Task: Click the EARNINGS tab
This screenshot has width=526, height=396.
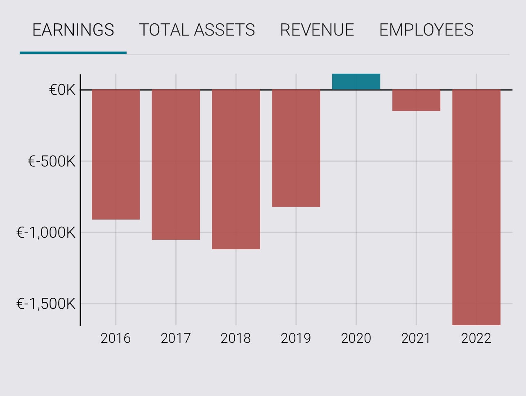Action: (73, 30)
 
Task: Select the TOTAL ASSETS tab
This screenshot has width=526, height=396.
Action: (197, 30)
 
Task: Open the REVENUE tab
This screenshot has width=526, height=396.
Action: (317, 30)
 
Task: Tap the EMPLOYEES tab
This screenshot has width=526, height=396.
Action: (426, 30)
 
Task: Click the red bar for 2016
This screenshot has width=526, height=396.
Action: (116, 154)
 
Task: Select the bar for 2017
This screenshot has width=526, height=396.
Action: (176, 164)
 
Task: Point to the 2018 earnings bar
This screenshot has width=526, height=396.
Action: (236, 169)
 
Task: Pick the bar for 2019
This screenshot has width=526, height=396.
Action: (296, 148)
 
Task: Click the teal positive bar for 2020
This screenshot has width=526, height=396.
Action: (356, 82)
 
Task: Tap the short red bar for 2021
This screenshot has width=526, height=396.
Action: (416, 100)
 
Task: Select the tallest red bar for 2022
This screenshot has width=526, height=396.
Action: (476, 207)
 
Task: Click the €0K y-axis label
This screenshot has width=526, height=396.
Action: (62, 90)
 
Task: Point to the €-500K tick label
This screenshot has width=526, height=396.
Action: (52, 162)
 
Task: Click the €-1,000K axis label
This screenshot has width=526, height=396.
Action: (46, 233)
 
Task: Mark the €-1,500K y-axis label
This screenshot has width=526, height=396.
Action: (46, 304)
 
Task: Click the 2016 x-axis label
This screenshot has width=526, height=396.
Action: (116, 338)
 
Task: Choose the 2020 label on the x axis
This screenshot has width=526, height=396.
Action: (356, 338)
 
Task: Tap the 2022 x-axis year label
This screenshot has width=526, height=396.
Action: (476, 338)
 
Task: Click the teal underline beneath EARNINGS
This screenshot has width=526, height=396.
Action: (73, 53)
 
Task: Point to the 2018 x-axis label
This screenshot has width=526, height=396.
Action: (236, 338)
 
